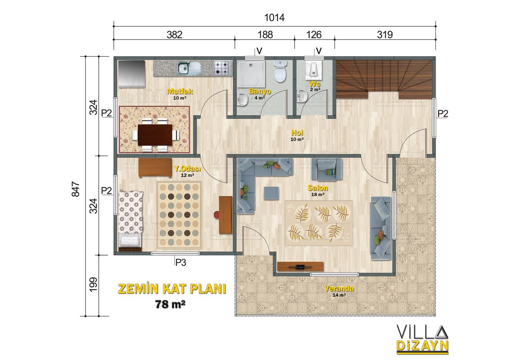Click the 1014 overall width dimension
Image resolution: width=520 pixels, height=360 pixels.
[x=274, y=18]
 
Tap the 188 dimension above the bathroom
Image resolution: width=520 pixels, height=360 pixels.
[x=265, y=35]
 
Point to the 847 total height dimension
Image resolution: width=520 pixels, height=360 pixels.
[x=76, y=189]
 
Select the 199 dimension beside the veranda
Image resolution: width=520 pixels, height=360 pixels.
[x=93, y=284]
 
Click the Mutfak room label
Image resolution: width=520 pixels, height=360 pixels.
[x=180, y=91]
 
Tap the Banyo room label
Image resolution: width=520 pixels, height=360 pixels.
[x=260, y=91]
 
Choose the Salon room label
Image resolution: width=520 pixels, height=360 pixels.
[x=318, y=188]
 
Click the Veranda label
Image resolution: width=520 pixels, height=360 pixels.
[x=339, y=288]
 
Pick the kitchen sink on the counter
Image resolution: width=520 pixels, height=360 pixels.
[x=189, y=68]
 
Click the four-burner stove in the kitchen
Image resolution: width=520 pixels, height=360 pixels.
[x=223, y=68]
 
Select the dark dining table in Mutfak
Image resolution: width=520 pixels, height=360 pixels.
[x=155, y=135]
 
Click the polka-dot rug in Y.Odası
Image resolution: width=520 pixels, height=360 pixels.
[x=179, y=215]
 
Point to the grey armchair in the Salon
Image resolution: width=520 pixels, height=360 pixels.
[x=326, y=169]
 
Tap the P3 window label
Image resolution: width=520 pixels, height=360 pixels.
[x=181, y=262]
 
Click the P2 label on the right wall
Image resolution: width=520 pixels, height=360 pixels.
[x=443, y=114]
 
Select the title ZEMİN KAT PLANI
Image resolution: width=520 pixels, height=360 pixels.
[x=172, y=289]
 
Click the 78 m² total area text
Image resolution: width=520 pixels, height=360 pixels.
[x=170, y=304]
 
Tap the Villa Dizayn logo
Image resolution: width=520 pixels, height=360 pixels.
[x=422, y=339]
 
